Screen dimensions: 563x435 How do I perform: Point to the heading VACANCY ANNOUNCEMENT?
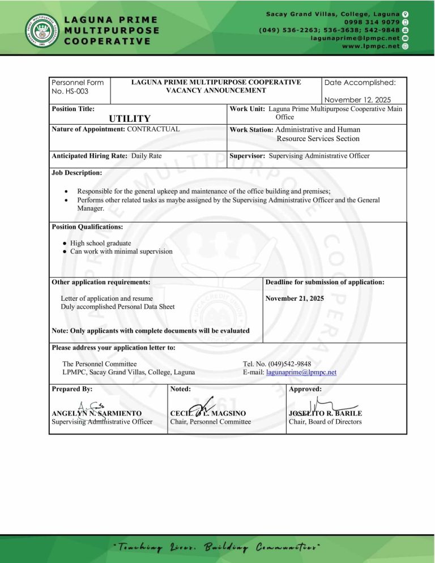[x=216, y=90]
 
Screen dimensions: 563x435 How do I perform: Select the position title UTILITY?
[x=130, y=118]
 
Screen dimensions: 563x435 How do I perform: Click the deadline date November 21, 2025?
[x=295, y=297]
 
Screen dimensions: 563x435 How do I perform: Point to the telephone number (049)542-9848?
[x=276, y=363]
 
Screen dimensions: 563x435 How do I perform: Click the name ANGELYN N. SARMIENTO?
[x=96, y=413]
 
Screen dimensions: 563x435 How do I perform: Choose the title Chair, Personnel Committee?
[x=210, y=422]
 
